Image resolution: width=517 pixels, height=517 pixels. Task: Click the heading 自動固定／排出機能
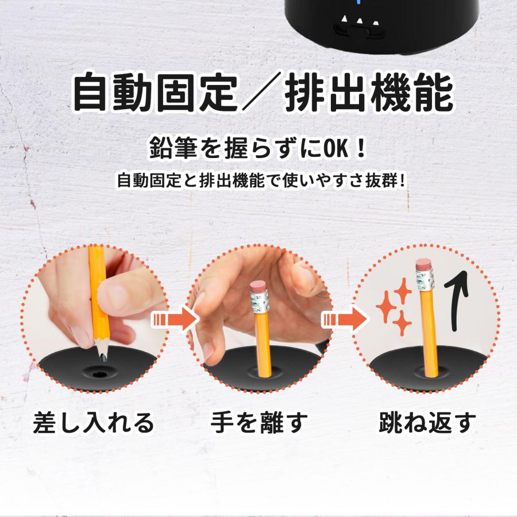click(x=261, y=92)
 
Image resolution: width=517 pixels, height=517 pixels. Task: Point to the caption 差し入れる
click(x=94, y=423)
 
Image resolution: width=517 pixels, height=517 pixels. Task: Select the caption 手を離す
click(x=258, y=423)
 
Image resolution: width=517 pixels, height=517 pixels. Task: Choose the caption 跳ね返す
click(x=427, y=423)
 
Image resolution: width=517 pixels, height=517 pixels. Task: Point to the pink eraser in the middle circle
click(x=259, y=288)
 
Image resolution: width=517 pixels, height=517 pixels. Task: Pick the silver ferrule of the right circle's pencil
click(x=426, y=279)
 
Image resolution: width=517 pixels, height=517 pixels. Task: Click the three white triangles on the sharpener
click(x=360, y=23)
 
